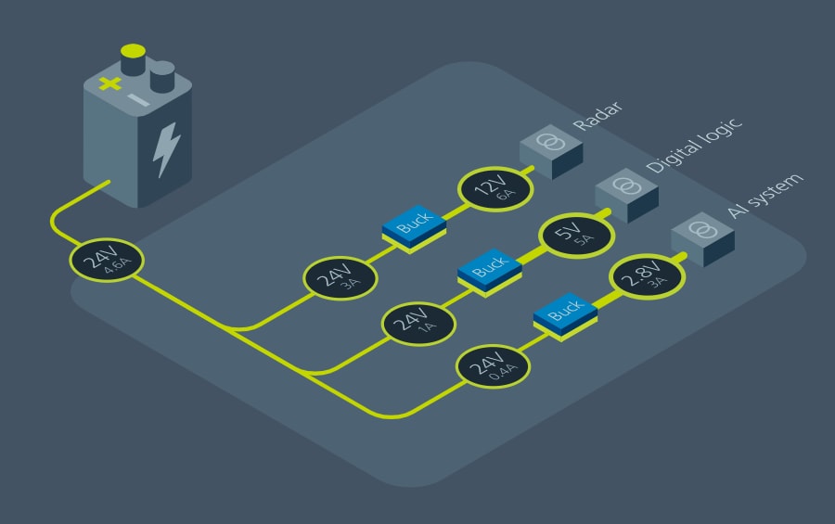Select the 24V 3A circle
click(340, 276)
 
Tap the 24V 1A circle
click(418, 321)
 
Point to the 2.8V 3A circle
click(645, 277)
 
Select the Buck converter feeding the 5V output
click(489, 269)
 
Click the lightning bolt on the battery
click(167, 147)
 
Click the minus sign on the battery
click(138, 99)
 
